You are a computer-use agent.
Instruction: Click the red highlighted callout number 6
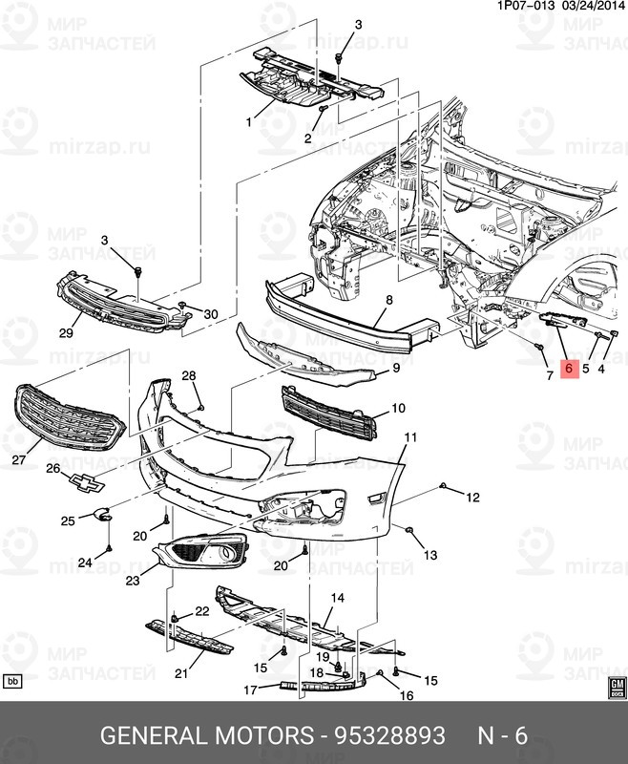click(569, 368)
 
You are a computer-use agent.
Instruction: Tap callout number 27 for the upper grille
click(18, 459)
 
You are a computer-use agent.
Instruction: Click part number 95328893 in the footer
click(389, 736)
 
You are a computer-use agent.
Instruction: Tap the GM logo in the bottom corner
click(616, 688)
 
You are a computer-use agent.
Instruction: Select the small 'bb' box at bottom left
click(13, 682)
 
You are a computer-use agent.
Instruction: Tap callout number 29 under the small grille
click(65, 333)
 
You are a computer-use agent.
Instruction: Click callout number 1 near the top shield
click(248, 122)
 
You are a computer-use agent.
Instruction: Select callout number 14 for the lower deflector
click(337, 599)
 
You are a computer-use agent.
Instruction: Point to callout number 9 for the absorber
click(394, 370)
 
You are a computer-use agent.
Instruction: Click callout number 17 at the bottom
click(250, 690)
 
